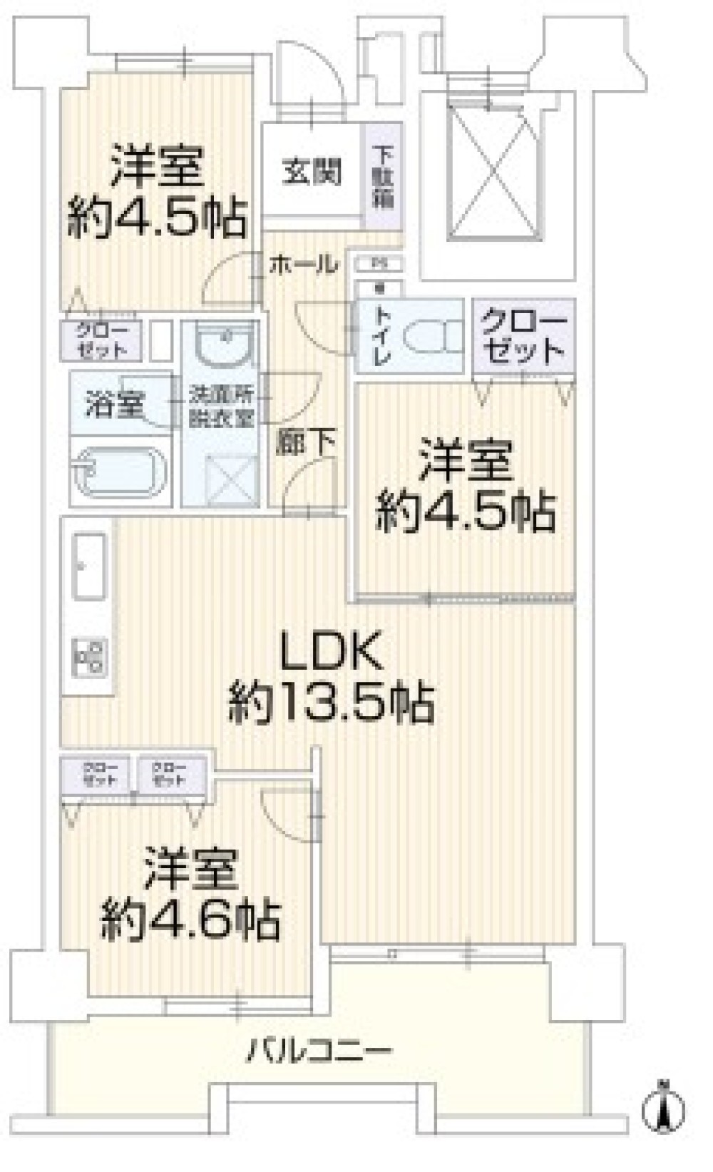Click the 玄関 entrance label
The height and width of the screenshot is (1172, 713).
(312, 173)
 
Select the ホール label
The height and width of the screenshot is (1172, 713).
(302, 265)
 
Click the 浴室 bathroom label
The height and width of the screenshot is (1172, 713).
(114, 406)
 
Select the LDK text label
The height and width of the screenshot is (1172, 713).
(331, 651)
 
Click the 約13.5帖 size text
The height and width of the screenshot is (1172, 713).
(331, 703)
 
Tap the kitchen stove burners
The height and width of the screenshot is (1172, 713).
(90, 657)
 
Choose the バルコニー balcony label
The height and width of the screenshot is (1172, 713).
(319, 1051)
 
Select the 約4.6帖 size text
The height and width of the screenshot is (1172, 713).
(190, 920)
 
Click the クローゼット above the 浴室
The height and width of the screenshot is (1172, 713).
(101, 340)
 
